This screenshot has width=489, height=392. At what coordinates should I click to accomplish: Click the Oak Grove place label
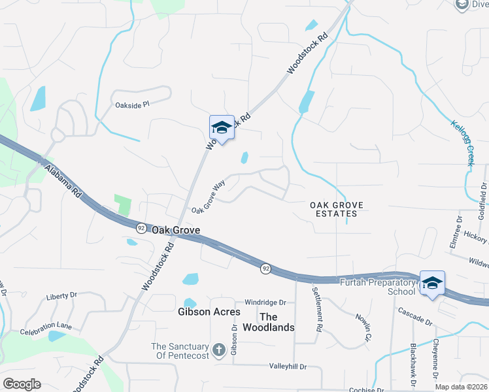175,230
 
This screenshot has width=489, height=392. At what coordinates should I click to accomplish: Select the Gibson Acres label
209,312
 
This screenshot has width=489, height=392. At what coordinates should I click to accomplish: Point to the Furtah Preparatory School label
378,286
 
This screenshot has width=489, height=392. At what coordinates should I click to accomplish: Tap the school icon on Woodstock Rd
222,127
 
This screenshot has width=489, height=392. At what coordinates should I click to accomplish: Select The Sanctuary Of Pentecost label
180,351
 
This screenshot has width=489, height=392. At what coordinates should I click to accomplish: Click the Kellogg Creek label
462,142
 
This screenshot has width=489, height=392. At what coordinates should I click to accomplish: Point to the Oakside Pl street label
132,105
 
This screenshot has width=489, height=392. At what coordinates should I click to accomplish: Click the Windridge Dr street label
265,302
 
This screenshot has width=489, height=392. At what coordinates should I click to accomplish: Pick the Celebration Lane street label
45,333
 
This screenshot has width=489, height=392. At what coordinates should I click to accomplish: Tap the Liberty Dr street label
62,297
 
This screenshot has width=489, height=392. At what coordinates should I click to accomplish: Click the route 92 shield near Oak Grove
141,228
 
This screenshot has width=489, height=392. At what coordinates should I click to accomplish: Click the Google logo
22,384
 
